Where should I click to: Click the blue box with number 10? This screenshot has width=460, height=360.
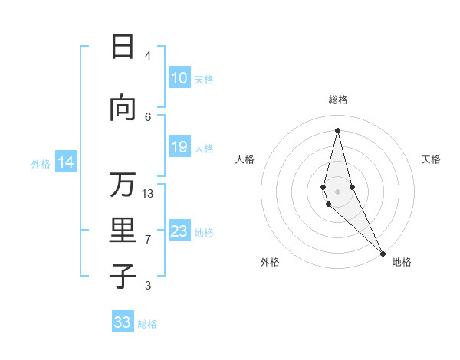pos(179,78)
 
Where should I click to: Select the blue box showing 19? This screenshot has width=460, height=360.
pos(179,147)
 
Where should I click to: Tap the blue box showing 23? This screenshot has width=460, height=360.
pos(179,231)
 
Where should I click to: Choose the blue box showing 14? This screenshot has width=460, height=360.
pos(65,162)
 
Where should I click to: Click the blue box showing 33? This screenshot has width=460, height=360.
pos(123,322)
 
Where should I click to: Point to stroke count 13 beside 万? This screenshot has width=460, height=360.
pos(148,194)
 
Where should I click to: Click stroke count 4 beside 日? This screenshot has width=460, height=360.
pos(148,55)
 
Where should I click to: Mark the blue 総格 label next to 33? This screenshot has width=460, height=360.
pos(147,324)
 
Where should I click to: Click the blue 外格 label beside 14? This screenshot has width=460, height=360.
pos(40,163)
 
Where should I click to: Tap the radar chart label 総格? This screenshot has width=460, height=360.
pos(337,100)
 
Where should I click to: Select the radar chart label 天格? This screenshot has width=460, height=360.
pos(431,159)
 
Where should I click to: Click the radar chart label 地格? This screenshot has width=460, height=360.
pos(402,262)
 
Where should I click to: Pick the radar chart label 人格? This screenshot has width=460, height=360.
pos(245,159)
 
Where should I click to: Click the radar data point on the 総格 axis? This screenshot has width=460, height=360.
pos(337,130)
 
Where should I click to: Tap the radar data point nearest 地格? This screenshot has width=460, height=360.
pos(383,253)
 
